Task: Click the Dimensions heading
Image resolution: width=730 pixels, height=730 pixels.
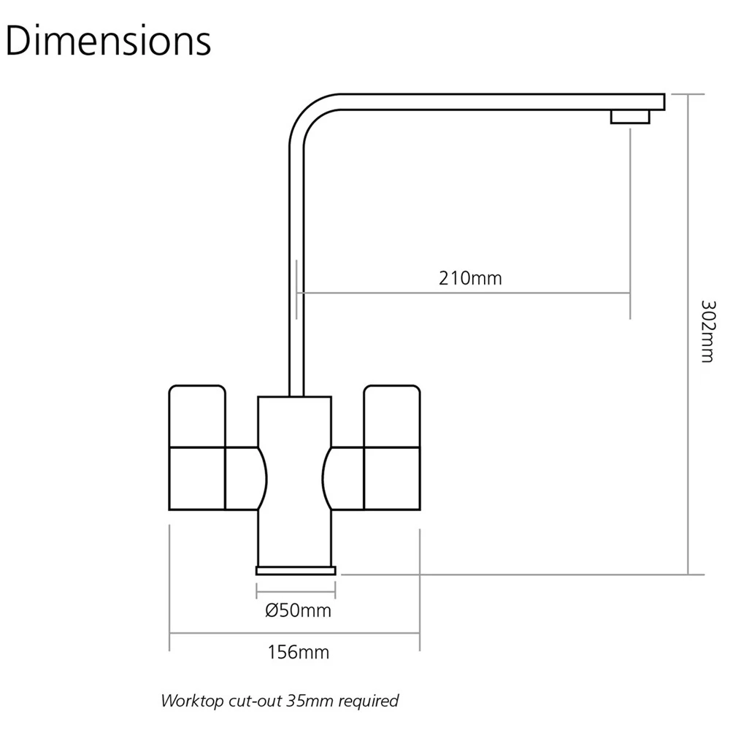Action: click(x=108, y=41)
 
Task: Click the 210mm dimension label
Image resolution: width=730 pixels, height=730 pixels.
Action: click(x=470, y=278)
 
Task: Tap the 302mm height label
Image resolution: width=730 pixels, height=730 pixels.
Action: click(x=707, y=331)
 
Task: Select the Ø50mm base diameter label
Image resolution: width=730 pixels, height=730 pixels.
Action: click(x=298, y=610)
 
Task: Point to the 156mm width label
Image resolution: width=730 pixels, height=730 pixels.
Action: click(x=298, y=652)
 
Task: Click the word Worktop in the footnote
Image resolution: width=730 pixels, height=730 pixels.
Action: click(x=193, y=701)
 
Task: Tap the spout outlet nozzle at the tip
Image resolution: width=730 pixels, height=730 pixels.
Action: click(x=630, y=117)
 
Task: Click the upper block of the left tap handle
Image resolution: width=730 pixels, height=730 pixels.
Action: click(x=197, y=416)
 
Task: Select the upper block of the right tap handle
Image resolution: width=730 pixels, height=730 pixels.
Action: click(x=392, y=416)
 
